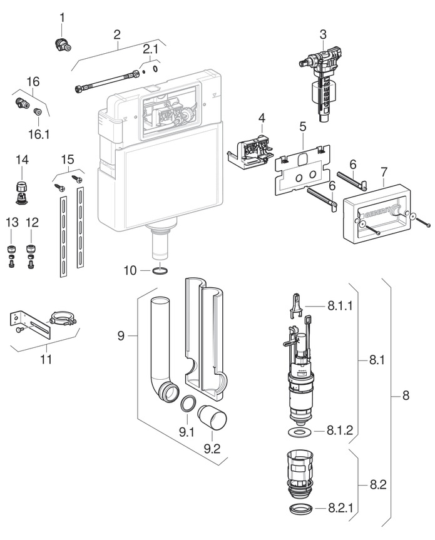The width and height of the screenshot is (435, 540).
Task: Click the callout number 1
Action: tap(62, 18)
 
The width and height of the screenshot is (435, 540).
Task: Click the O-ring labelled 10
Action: tap(160, 271)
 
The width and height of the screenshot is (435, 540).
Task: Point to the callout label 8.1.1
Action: tap(340, 306)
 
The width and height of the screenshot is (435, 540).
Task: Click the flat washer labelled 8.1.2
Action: tap(299, 432)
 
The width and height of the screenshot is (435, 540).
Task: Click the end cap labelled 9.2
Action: tap(212, 417)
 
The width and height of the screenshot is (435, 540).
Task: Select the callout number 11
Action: tap(46, 359)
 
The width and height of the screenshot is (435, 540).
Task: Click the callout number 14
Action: tap(22, 160)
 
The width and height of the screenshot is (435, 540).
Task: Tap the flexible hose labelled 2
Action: tap(107, 81)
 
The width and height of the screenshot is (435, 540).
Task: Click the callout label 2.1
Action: tap(150, 49)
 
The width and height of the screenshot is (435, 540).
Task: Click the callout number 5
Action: tap(302, 126)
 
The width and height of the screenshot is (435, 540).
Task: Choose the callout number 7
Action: tap(384, 172)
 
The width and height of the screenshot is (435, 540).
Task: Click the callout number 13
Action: tap(12, 223)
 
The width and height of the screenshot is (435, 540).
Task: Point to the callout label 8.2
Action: tap(378, 484)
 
